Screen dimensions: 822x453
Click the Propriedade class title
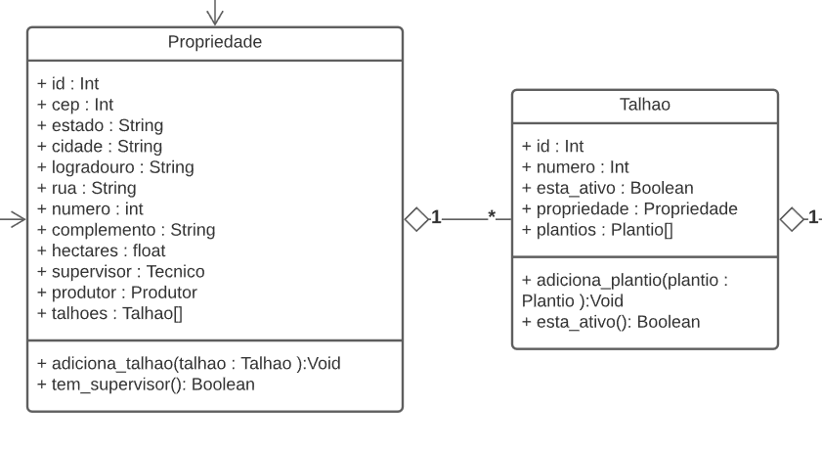tap(215, 42)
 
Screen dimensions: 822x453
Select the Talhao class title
tap(645, 105)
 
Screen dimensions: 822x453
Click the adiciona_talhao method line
tap(190, 364)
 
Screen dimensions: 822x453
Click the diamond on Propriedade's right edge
tap(416, 219)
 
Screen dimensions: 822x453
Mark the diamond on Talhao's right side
tap(792, 219)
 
